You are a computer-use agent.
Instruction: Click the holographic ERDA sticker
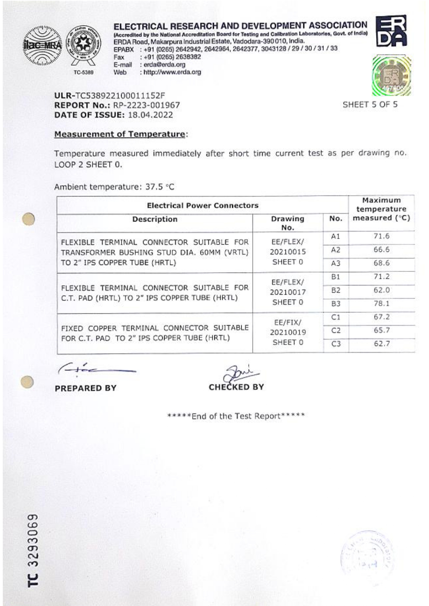click(392, 76)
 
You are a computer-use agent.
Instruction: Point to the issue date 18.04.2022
click(150, 115)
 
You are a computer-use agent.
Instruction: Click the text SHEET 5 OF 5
click(370, 104)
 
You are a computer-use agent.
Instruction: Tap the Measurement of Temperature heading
click(120, 134)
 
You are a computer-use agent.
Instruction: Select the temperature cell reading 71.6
click(381, 236)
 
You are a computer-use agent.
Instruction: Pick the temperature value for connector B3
click(381, 303)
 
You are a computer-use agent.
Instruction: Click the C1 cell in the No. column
click(336, 317)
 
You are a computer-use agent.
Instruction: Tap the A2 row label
click(336, 250)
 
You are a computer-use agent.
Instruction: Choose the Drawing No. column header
click(287, 223)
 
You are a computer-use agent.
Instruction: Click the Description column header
click(155, 219)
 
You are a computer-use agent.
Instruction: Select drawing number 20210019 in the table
click(288, 332)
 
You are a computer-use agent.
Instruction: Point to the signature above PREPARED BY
click(97, 370)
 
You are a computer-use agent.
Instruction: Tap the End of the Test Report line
click(236, 416)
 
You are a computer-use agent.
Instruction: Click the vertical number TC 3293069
click(33, 550)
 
